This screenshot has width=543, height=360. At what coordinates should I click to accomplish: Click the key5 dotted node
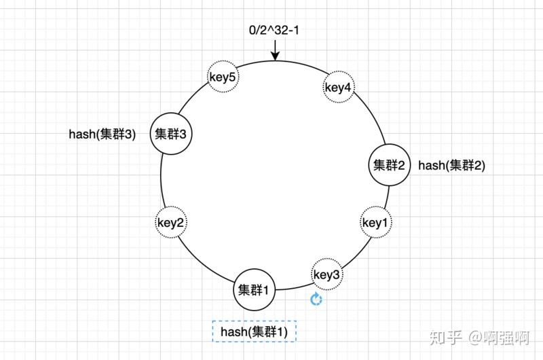223,78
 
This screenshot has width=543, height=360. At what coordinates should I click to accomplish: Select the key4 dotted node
337,87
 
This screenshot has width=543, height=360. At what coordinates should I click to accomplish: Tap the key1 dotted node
375,223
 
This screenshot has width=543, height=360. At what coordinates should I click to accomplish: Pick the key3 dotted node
326,274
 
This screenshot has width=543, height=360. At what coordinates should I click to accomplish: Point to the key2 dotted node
172,221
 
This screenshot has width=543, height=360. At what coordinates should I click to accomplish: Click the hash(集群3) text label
102,134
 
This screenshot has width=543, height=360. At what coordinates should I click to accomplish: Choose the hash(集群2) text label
451,165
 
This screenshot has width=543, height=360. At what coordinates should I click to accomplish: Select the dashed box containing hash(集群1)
254,331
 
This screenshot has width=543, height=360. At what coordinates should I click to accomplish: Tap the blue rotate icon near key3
316,300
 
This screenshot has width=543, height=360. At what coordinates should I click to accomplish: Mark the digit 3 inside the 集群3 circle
183,134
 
